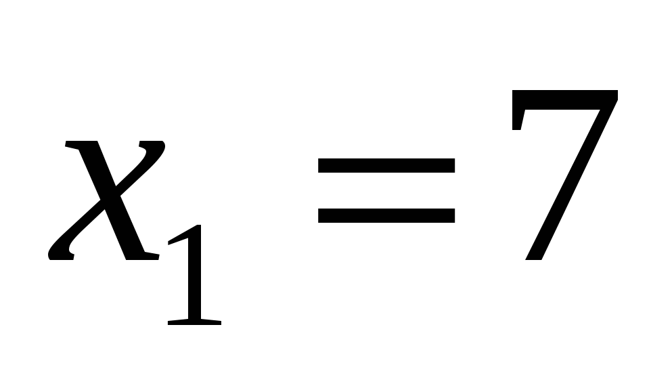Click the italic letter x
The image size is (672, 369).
[x=107, y=200]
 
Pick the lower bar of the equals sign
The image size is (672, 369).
[x=386, y=215]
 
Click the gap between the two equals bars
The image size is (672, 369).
[x=386, y=190]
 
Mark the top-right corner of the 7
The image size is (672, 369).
[x=614, y=94]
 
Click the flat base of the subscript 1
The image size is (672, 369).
[x=194, y=322]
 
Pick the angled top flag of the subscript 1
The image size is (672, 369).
[x=179, y=238]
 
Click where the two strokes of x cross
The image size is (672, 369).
[x=108, y=200]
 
